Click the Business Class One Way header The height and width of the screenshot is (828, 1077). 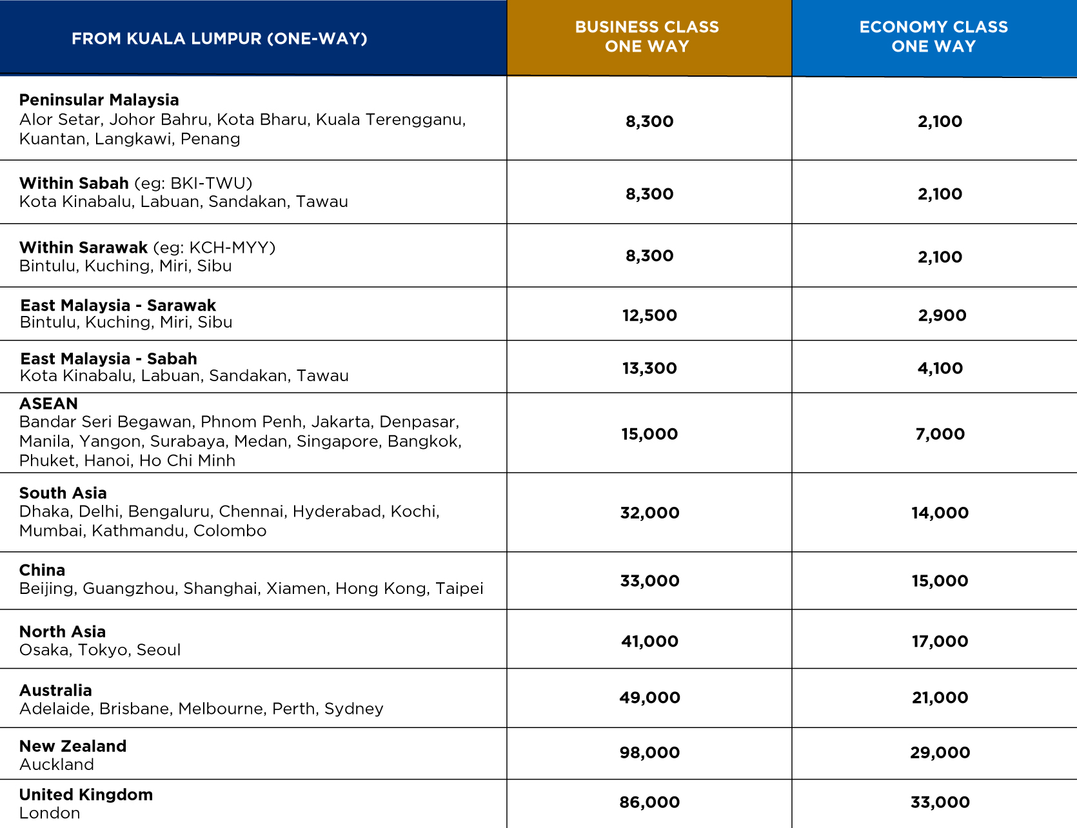tap(647, 37)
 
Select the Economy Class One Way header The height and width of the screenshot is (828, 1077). tap(933, 37)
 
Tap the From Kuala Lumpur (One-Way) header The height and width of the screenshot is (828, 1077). tap(219, 39)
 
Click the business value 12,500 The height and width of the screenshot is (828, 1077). tap(649, 315)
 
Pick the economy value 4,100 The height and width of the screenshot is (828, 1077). tap(940, 368)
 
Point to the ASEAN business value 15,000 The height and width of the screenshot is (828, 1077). tap(649, 434)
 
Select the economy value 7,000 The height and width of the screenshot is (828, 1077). tap(940, 434)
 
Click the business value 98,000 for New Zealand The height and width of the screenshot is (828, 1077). tap(649, 753)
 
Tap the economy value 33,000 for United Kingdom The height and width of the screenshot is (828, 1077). tap(940, 802)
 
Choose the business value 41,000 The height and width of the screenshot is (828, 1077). tap(649, 642)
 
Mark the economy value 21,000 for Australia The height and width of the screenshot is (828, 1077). tap(940, 698)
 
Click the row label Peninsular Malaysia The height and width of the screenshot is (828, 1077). tap(99, 100)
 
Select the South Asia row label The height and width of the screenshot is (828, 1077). tap(63, 493)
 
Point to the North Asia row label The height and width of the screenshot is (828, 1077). tap(62, 632)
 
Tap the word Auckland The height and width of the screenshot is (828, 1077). tap(57, 765)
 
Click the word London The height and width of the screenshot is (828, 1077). tap(50, 813)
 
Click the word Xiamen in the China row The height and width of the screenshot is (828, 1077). tap(296, 589)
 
